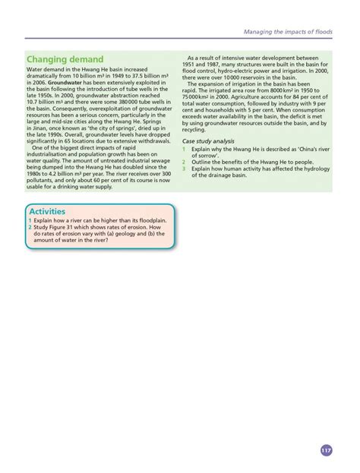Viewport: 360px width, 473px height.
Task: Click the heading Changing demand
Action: point(65,59)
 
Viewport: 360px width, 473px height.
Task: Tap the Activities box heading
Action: point(47,211)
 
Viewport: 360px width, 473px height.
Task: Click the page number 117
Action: point(327,450)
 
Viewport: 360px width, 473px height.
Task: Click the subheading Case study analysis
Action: point(207,141)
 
